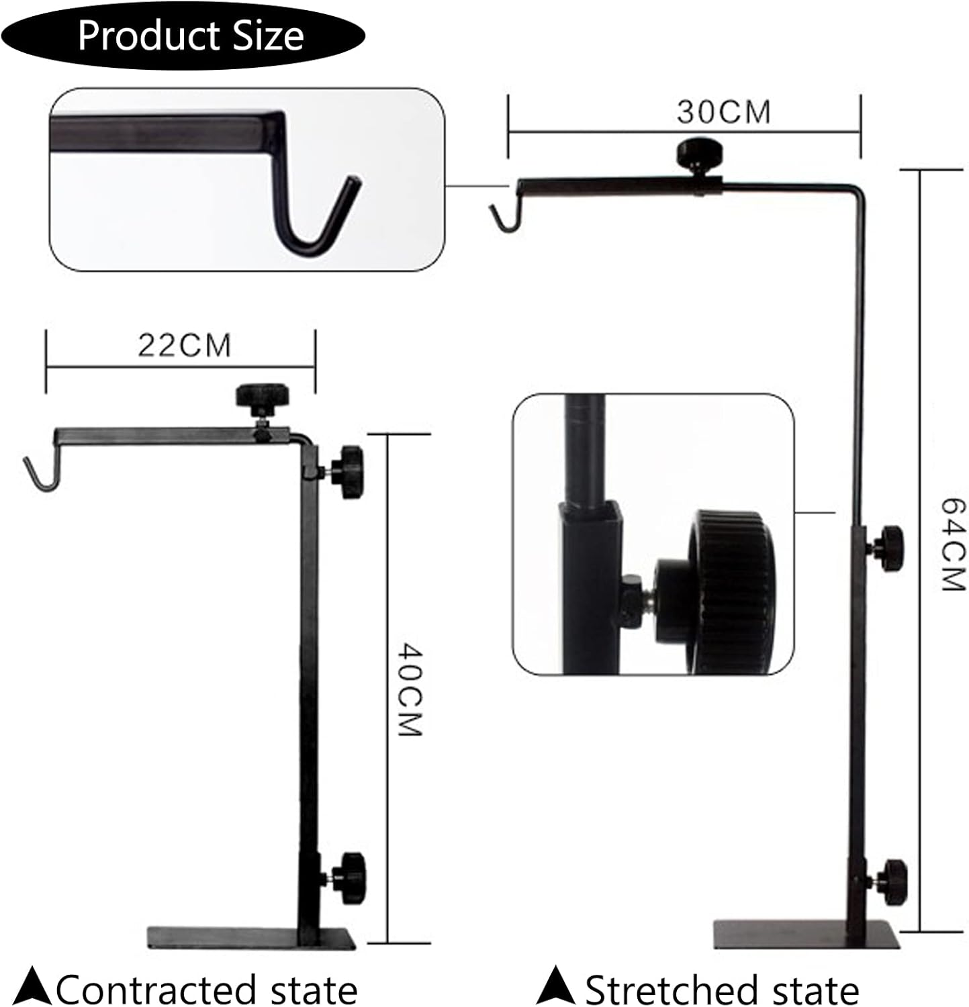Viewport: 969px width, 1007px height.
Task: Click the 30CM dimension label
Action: tap(723, 112)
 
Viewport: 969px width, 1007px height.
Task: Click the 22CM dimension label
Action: tap(185, 346)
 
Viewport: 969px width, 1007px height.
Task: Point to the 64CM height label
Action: tap(952, 544)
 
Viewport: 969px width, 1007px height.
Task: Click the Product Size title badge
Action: tap(190, 36)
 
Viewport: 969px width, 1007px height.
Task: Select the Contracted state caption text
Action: tap(206, 990)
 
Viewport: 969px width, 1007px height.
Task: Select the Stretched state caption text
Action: tap(722, 990)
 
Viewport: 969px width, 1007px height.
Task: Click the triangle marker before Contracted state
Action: tap(33, 986)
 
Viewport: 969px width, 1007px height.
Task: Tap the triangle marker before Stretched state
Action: tap(555, 986)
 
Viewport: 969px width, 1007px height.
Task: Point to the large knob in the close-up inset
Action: tap(729, 591)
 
